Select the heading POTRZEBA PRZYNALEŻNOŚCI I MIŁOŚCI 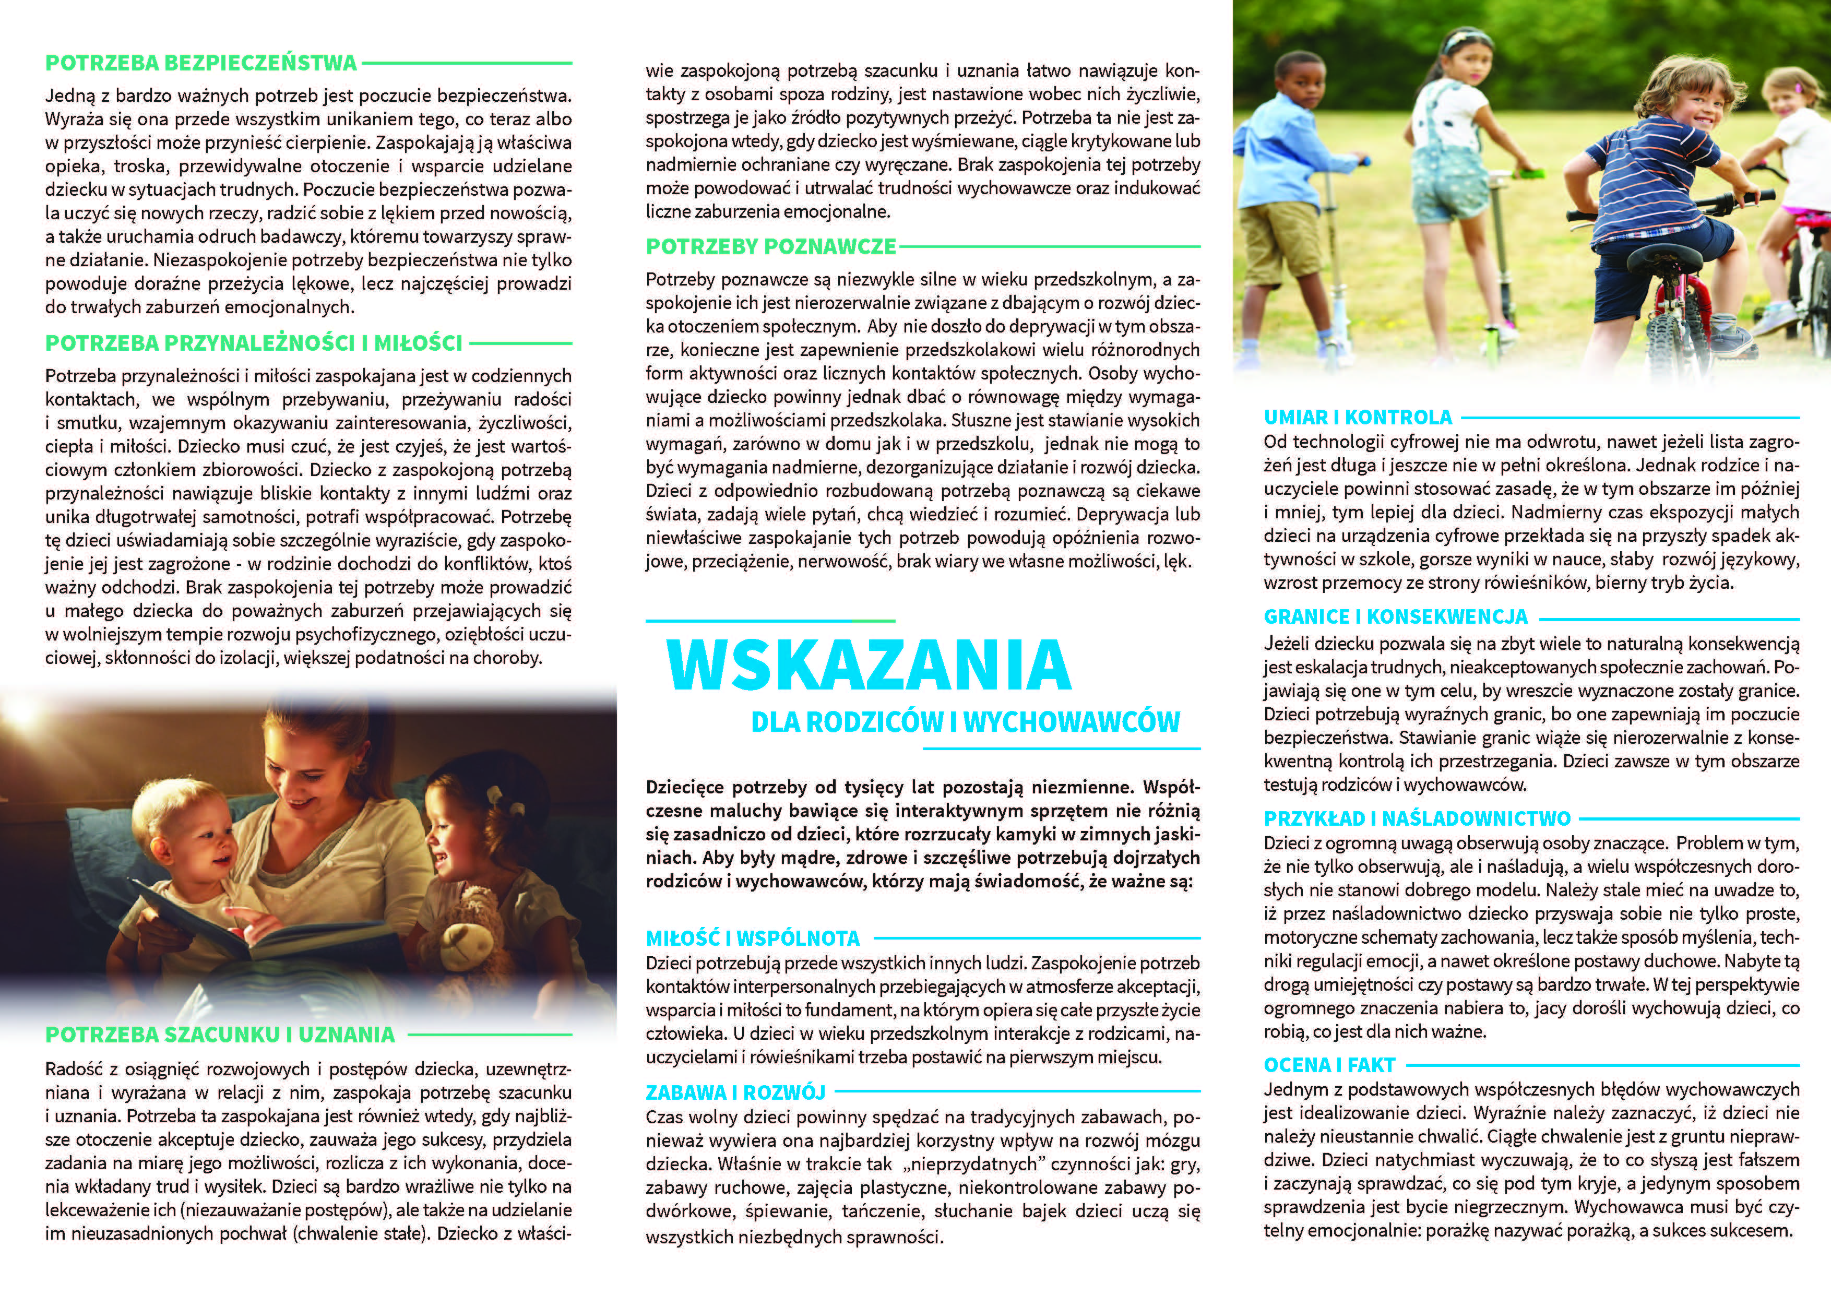[254, 343]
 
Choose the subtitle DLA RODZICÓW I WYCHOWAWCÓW [966, 722]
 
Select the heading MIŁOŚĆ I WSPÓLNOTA [753, 938]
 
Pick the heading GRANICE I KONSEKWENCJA [1396, 616]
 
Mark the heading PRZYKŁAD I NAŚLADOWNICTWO [1417, 818]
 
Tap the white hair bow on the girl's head [494, 797]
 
